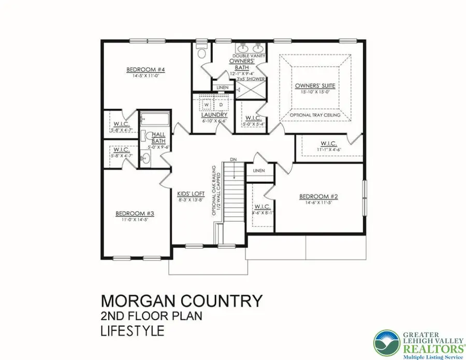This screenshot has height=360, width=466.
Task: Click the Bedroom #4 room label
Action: coord(138,69)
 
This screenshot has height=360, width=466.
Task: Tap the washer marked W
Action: coord(206,104)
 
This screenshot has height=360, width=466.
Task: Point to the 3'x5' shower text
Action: coord(251,79)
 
